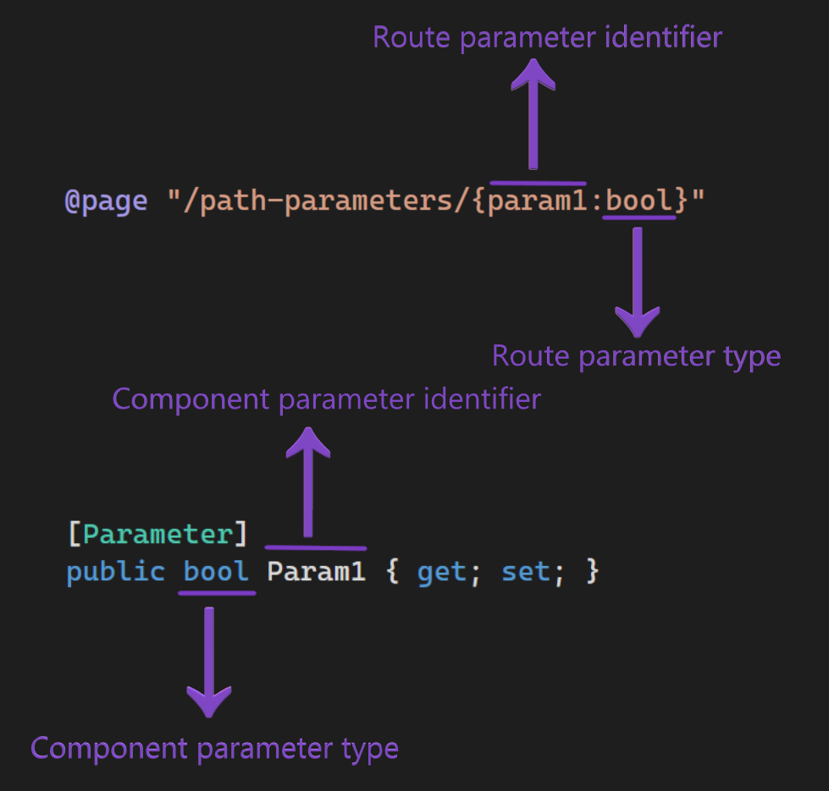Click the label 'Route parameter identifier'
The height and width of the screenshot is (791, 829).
547,37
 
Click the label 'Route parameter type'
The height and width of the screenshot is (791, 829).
636,355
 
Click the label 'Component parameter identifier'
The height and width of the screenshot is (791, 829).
326,398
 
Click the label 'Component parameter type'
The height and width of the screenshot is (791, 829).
214,748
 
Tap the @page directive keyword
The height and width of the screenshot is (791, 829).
106,201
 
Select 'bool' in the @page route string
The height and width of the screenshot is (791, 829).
639,201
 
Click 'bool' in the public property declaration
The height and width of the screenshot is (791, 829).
216,571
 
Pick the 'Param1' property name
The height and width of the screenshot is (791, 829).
316,571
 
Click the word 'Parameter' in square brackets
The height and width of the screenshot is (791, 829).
158,535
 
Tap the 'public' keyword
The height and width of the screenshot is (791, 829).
115,571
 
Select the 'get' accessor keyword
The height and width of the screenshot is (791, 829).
441,571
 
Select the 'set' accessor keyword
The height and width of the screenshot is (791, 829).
525,571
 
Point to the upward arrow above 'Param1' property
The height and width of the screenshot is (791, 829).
308,482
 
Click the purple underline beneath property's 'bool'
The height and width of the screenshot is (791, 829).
217,593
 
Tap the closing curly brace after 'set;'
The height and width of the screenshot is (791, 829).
592,571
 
